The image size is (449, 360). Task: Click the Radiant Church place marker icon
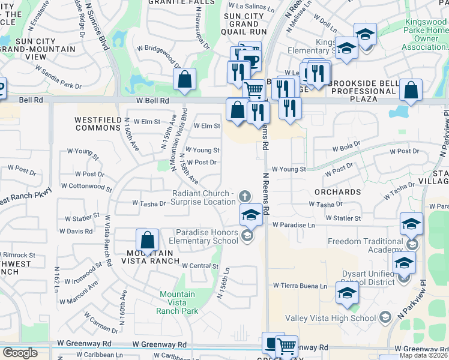tap(244, 196)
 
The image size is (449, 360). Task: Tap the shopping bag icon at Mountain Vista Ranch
tap(147, 241)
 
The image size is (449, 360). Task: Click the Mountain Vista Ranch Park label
tap(177, 302)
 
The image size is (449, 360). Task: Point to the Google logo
tap(20, 353)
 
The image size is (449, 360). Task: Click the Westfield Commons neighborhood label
tap(99, 124)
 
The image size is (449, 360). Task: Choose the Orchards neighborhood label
tap(337, 193)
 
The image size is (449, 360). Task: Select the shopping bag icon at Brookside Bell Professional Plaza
tap(411, 91)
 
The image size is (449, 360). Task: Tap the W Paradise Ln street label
tap(294, 225)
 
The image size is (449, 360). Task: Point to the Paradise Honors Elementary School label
tap(207, 237)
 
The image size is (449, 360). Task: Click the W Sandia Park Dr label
tap(58, 77)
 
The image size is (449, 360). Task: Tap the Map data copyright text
tap(424, 355)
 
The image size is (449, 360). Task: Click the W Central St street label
tap(199, 265)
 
